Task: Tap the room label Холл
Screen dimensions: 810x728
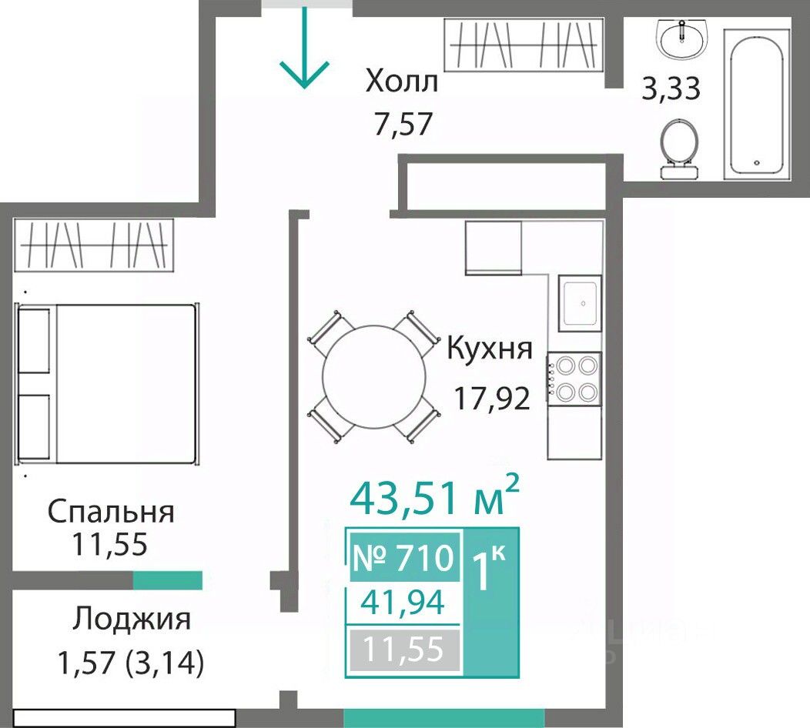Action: click(x=402, y=82)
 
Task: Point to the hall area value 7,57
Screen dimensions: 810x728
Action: click(x=403, y=124)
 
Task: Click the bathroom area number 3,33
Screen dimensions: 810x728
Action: click(x=671, y=88)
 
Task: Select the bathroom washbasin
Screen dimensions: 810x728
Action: click(x=682, y=38)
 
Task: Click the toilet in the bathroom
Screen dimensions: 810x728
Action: click(x=680, y=149)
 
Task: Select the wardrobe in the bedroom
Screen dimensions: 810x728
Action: click(x=94, y=245)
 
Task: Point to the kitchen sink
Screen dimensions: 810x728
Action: click(x=580, y=303)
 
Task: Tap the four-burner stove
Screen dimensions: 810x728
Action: click(x=574, y=379)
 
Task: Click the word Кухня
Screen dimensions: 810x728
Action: click(x=489, y=348)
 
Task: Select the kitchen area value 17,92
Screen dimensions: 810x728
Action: click(x=492, y=398)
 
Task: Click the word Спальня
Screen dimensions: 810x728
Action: click(x=111, y=512)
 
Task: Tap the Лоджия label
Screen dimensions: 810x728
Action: click(x=132, y=619)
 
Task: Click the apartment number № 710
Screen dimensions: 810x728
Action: click(x=403, y=558)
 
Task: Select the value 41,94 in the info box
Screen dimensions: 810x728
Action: click(x=403, y=602)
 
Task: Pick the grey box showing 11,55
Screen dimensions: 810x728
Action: click(x=404, y=649)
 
